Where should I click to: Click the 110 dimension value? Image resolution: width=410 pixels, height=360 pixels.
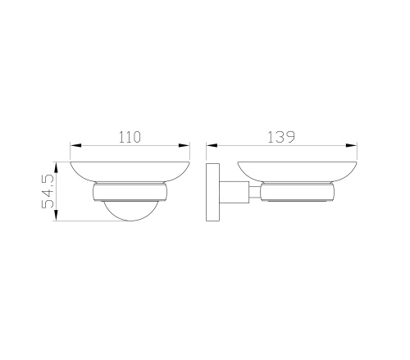129,136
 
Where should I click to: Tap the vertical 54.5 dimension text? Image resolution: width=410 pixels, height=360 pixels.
49,190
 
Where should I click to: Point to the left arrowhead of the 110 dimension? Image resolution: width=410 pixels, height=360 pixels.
73,147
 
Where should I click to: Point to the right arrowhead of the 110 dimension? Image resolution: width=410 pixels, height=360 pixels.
186,147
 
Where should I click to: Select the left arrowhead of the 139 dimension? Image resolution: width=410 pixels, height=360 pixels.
210,147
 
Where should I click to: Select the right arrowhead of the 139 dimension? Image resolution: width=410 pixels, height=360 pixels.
356,147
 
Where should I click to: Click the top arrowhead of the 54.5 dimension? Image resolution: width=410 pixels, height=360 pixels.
57,164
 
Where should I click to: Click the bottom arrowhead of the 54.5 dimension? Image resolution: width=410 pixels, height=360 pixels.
57,217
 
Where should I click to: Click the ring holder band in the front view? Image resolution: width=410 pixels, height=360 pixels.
130,194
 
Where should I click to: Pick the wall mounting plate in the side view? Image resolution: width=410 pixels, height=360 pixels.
212,193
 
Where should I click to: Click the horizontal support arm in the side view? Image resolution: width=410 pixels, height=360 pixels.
237,194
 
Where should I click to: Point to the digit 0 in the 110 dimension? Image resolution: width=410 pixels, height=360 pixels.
139,136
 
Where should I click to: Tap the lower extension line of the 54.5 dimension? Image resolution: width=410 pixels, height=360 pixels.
82,221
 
